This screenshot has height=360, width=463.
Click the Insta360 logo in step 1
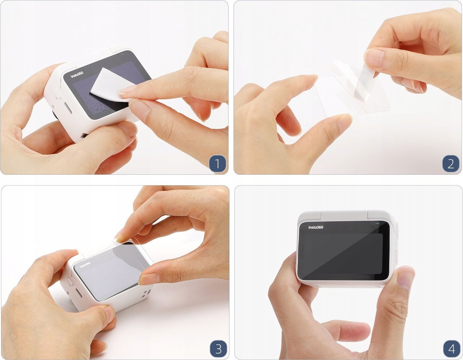(77, 75)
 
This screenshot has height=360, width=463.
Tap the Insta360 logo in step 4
(315, 227)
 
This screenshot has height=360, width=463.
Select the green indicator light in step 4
(377, 224)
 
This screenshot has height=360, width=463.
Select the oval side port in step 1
(68, 108)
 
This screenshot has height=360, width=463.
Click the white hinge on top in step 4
(344, 215)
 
